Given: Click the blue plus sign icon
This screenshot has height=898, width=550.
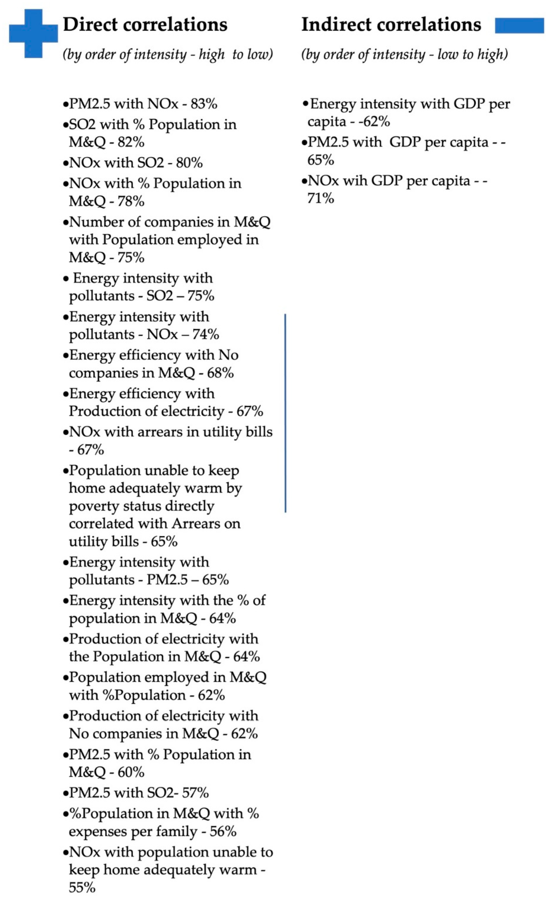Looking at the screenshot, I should pyautogui.click(x=33, y=33).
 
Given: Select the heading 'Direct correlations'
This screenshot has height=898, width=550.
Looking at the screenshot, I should pyautogui.click(x=145, y=25).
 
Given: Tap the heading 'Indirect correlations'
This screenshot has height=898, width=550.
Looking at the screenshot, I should pyautogui.click(x=391, y=25).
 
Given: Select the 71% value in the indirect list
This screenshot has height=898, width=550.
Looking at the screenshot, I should pyautogui.click(x=321, y=199).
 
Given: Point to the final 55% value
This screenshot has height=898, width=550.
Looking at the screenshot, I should pyautogui.click(x=82, y=888).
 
